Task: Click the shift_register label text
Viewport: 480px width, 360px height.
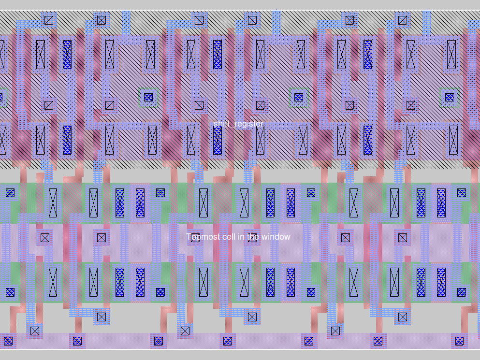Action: click(238, 124)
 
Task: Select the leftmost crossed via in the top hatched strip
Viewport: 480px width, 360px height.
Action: click(49, 20)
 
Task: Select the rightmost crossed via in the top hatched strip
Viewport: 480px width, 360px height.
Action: click(403, 20)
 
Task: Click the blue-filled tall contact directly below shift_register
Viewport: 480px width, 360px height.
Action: click(218, 140)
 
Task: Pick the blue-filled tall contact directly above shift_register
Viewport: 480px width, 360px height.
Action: click(218, 55)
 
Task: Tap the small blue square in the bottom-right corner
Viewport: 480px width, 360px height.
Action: click(459, 341)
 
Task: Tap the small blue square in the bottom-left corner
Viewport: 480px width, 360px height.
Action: click(8, 341)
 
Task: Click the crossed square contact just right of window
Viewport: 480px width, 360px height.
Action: click(346, 238)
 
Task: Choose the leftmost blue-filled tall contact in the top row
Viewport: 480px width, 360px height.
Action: click(67, 55)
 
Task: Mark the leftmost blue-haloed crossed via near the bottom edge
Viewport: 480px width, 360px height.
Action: click(35, 331)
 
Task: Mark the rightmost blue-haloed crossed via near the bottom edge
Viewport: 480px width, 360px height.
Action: click(403, 317)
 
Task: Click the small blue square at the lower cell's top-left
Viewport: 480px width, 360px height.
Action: click(10, 193)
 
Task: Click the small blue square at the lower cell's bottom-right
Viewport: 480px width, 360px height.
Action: click(462, 292)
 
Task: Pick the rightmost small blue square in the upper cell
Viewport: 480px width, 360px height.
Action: click(450, 97)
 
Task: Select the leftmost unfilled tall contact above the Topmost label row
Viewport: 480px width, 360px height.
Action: click(53, 203)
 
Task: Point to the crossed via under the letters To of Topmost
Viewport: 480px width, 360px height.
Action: click(195, 238)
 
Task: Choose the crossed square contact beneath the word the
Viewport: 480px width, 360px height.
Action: click(252, 238)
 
